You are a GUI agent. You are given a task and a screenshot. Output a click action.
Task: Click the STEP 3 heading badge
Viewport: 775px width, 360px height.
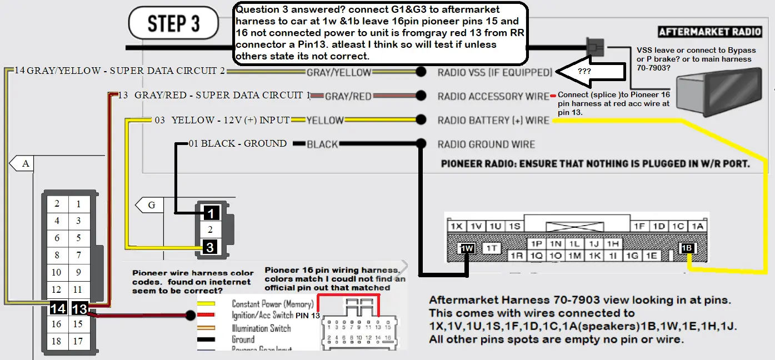[173, 24]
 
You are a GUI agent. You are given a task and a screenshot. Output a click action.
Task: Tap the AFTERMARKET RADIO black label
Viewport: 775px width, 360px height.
[709, 32]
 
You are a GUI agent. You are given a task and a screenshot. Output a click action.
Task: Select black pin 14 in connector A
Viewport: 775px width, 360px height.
[57, 308]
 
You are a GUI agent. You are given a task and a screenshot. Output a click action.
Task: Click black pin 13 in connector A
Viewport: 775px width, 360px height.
[79, 308]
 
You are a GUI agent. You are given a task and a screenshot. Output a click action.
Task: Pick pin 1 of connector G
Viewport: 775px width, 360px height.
[210, 213]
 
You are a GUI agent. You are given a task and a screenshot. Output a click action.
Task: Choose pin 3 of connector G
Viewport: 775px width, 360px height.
[210, 247]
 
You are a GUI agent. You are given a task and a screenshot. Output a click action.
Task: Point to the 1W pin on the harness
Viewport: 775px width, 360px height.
[467, 248]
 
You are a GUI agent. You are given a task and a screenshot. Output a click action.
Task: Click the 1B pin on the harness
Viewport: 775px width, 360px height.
[688, 248]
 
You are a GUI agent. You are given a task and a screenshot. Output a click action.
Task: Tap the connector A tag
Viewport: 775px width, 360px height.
[22, 163]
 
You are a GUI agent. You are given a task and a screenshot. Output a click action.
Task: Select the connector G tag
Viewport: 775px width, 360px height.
[148, 205]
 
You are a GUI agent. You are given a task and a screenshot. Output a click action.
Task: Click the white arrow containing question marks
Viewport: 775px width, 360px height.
[584, 72]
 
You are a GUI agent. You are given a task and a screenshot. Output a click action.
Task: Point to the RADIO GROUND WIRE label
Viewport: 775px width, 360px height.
[486, 144]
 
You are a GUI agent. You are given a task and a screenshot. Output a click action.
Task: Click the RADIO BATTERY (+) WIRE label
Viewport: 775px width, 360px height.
[493, 120]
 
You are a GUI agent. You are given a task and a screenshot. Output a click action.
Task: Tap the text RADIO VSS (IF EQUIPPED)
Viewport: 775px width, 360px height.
[495, 72]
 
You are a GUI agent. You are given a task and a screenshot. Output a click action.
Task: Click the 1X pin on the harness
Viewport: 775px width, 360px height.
[457, 226]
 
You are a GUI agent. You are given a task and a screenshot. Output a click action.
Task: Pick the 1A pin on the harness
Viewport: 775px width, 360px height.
[697, 226]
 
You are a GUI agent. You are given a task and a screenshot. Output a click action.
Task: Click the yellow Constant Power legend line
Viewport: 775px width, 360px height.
[211, 304]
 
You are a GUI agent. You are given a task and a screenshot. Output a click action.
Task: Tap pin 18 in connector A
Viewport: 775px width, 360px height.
[57, 341]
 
